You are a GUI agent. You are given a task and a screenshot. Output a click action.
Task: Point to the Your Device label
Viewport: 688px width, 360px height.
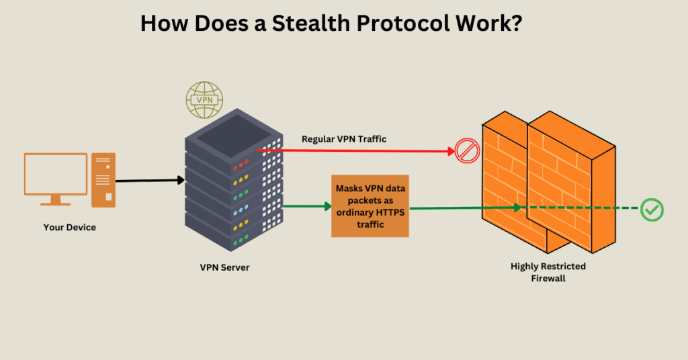tap(70, 228)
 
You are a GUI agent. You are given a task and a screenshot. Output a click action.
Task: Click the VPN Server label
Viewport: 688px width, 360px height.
tap(224, 267)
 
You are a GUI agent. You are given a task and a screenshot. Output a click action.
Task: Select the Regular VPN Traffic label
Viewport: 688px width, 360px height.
tap(343, 139)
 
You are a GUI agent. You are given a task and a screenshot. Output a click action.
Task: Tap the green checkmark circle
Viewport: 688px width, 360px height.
tap(651, 210)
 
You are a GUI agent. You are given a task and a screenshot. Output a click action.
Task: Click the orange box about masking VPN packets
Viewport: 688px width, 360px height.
tap(370, 206)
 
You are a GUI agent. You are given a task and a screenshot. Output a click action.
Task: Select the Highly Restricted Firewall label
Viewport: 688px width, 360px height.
tap(548, 272)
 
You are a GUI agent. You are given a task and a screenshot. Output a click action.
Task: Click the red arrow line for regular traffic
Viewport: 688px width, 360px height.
tap(363, 150)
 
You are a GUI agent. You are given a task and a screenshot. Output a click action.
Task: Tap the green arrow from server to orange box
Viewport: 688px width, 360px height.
tap(306, 206)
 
